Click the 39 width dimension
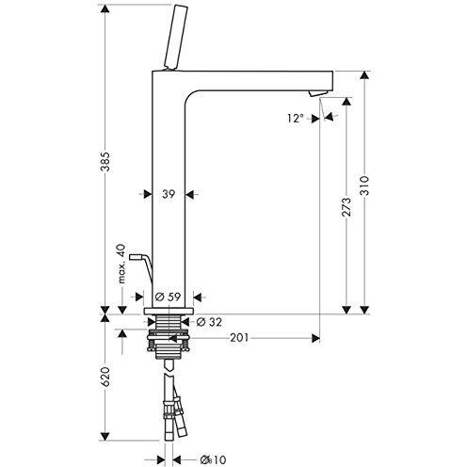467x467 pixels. tap(169, 194)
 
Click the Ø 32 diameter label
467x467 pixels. tap(212, 321)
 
